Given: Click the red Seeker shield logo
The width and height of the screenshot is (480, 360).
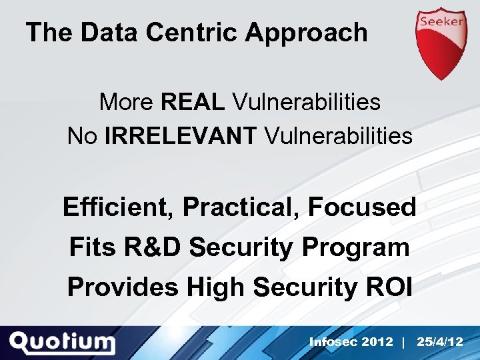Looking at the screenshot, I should point(441,41).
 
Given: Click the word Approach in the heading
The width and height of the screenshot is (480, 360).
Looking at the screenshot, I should point(306,32).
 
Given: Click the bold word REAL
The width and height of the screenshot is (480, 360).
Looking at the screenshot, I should point(193,102).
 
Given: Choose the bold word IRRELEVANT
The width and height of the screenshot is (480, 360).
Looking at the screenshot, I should point(180,136).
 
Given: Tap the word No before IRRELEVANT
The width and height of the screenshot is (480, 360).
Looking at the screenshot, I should point(83,136).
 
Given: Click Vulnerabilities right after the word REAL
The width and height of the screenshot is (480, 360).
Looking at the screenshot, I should point(306,102).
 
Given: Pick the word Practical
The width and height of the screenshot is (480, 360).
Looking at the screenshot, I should point(241,207).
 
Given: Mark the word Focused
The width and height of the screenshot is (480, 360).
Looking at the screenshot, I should point(362,207).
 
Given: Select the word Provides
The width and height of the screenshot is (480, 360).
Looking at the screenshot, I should point(123,287).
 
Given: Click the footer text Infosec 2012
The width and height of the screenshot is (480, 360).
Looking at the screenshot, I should point(351,342).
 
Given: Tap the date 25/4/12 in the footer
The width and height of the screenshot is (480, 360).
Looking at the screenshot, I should point(439,342).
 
